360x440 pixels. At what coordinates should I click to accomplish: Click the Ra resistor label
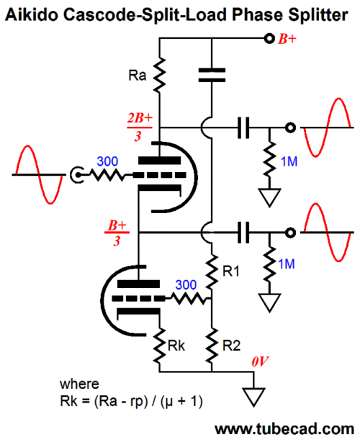coord(138,76)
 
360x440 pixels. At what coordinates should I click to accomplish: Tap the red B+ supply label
coord(287,39)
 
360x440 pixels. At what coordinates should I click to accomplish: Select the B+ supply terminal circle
coord(269,38)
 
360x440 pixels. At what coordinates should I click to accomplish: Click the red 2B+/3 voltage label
coord(140,127)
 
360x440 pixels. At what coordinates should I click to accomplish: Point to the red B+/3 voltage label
coord(117,233)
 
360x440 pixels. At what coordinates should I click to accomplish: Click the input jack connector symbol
coord(76,175)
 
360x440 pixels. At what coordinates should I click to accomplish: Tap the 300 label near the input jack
coord(107,161)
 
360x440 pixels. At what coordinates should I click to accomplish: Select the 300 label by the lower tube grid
coord(186,285)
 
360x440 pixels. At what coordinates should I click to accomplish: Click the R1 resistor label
coord(231,271)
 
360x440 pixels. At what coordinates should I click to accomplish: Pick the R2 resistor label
coord(232,346)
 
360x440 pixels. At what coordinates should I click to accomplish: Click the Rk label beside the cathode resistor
coord(176,346)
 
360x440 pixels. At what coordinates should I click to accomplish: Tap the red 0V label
coord(260,362)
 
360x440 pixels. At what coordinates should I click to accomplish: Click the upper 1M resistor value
coord(289,161)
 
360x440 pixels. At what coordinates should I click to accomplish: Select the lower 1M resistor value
coord(287,264)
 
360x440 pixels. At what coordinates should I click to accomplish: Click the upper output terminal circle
coord(290,127)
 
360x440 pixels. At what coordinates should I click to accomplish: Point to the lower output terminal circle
coord(290,233)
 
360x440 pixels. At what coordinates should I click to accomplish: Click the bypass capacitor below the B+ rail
coord(212,75)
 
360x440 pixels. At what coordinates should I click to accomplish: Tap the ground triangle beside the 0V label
coord(254,397)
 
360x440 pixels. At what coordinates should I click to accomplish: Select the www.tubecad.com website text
coord(284,429)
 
